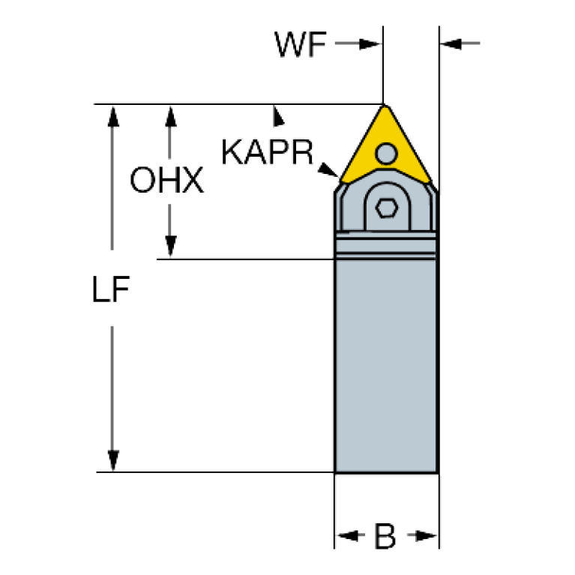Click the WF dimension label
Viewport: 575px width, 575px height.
pyautogui.click(x=301, y=44)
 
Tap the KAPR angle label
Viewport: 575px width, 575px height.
pyautogui.click(x=268, y=152)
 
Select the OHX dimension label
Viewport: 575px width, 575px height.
pyautogui.click(x=167, y=180)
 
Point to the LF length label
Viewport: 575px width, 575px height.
pyautogui.click(x=111, y=289)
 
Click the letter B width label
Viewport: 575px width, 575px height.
pyautogui.click(x=385, y=536)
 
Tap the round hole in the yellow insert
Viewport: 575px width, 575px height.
pyautogui.click(x=386, y=154)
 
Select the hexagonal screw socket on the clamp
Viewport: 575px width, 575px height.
pyautogui.click(x=387, y=208)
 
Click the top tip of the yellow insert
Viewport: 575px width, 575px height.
pyautogui.click(x=385, y=106)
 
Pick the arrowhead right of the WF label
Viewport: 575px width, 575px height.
pyautogui.click(x=370, y=44)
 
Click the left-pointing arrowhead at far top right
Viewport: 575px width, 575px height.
pyautogui.click(x=451, y=43)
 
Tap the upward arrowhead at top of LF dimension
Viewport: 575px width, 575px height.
pyautogui.click(x=113, y=116)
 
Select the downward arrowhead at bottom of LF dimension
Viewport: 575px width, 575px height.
pyautogui.click(x=113, y=460)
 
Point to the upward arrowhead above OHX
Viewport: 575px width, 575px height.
pyautogui.click(x=170, y=116)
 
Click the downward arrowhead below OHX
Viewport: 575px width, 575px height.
pyautogui.click(x=170, y=247)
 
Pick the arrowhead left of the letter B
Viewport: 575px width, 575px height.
pyautogui.click(x=347, y=535)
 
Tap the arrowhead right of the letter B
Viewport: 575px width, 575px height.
pyautogui.click(x=427, y=535)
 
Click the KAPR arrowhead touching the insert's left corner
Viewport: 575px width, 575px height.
pyautogui.click(x=327, y=169)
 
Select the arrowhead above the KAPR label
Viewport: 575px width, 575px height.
pyautogui.click(x=278, y=116)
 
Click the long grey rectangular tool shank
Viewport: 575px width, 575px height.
pyautogui.click(x=387, y=366)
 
